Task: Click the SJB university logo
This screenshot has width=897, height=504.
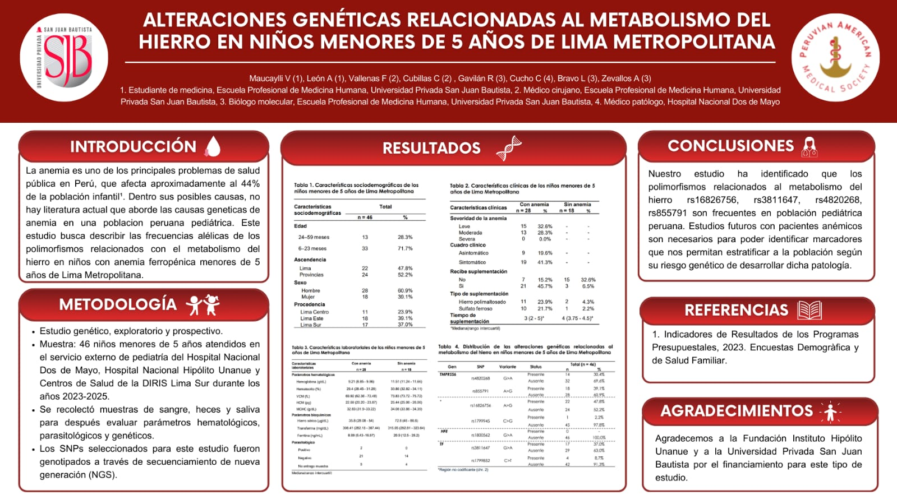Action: click(63, 58)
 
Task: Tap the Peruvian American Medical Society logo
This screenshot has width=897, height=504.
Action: click(835, 58)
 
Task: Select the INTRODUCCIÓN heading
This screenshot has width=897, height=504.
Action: click(133, 147)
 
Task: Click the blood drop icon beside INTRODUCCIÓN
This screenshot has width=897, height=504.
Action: click(213, 146)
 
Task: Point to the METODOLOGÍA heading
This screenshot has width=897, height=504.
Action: click(118, 304)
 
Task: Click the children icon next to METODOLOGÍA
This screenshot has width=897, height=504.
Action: click(203, 304)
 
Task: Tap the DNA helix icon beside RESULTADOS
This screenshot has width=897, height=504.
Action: click(508, 148)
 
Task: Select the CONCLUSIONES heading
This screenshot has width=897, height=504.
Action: click(730, 146)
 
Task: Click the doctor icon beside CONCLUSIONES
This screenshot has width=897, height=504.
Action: click(809, 147)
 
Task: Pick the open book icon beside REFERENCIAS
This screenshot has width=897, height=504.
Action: click(809, 310)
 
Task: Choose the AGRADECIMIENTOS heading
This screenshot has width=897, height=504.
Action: click(737, 411)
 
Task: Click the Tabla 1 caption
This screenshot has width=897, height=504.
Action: click(356, 188)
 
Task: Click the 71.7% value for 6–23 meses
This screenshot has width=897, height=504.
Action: click(405, 248)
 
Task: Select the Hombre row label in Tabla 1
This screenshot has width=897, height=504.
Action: click(310, 290)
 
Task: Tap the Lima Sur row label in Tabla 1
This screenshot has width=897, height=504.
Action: click(310, 325)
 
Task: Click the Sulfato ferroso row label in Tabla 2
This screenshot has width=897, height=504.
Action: click(476, 308)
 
